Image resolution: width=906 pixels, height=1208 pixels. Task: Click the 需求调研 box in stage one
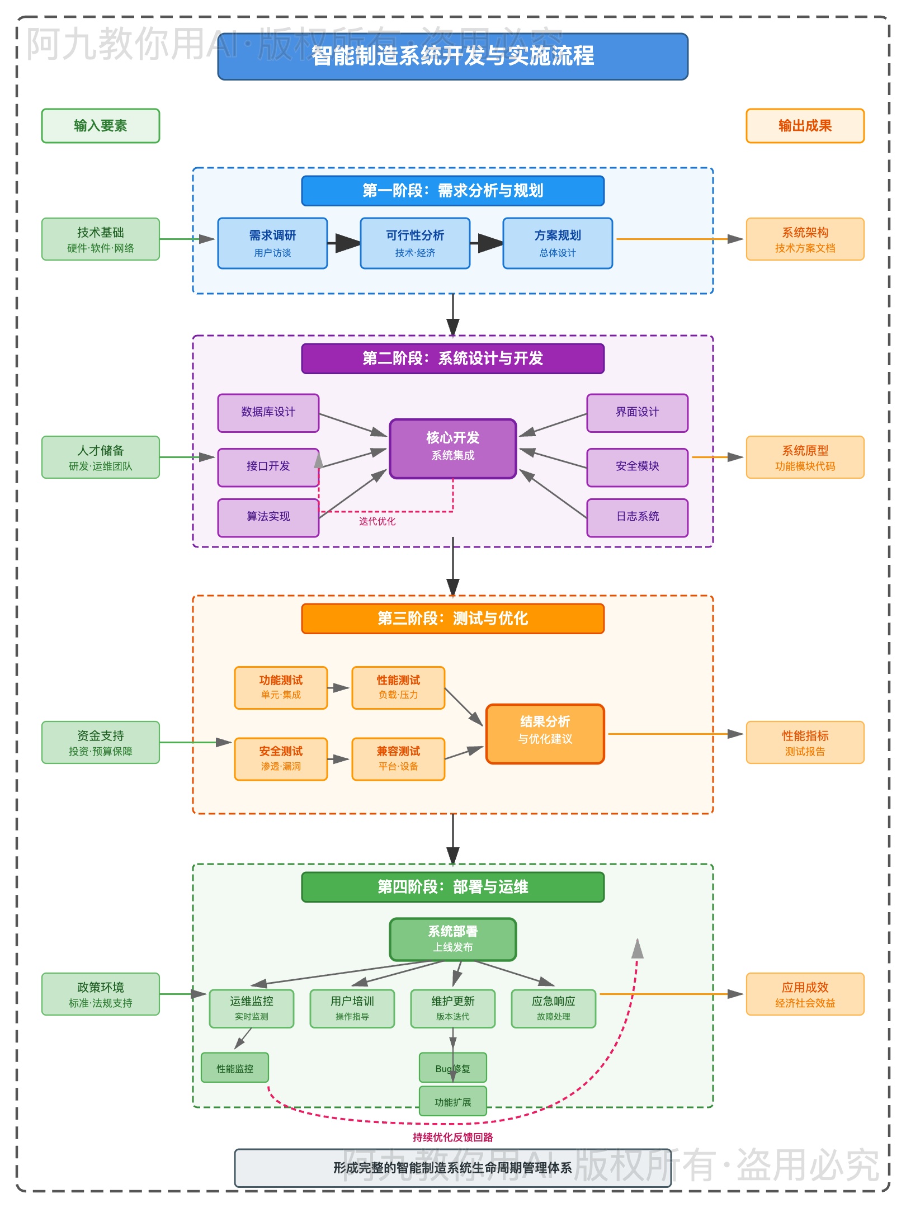[x=272, y=243]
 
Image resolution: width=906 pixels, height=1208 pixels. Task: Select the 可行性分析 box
[x=415, y=243]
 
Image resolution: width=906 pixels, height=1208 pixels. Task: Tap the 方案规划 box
[x=558, y=243]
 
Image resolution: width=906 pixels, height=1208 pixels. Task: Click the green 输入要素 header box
[x=101, y=126]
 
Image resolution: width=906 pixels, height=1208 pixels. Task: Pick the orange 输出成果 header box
[x=805, y=126]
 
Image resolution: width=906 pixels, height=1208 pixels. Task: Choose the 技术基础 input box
[x=101, y=239]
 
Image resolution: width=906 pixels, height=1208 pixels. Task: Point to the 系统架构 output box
[x=805, y=239]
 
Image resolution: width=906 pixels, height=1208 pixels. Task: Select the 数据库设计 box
[x=268, y=413]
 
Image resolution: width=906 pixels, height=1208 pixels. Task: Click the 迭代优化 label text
[x=377, y=521]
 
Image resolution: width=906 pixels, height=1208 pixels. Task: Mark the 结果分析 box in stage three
[x=545, y=734]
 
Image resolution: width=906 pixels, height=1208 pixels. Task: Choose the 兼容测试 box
[x=398, y=758]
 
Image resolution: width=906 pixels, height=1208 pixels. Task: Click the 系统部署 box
[x=452, y=939]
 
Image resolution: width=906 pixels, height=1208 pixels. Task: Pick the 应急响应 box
[x=553, y=1008]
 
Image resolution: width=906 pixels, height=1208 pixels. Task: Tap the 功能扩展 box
[x=452, y=1102]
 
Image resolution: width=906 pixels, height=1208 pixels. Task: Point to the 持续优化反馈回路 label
[x=452, y=1137]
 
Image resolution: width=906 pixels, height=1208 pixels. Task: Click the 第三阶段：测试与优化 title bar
[x=452, y=619]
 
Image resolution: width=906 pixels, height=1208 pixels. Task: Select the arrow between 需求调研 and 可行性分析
[x=344, y=243]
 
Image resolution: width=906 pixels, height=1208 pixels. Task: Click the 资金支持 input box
[x=101, y=743]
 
